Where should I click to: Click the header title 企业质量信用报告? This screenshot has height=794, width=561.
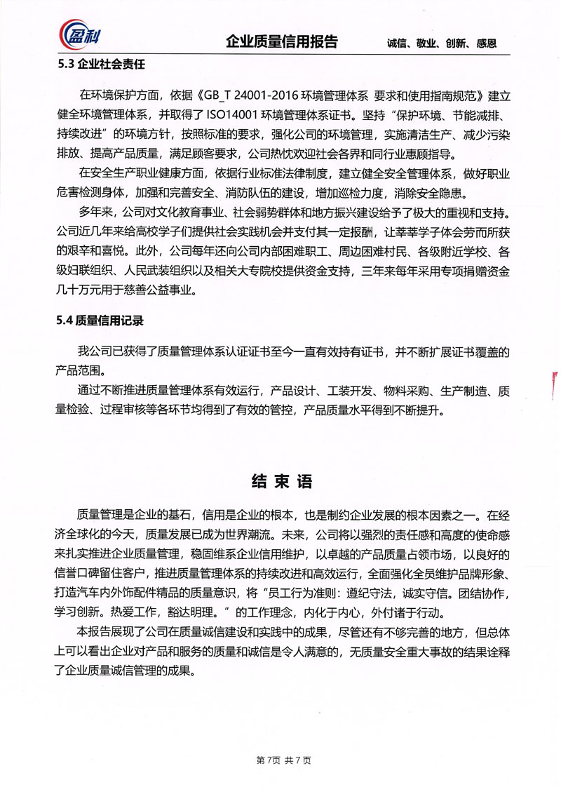[282, 41]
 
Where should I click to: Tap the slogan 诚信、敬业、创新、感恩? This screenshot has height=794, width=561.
[442, 43]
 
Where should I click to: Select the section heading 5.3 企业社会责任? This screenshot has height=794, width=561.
[101, 67]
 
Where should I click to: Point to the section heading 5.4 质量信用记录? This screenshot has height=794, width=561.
[100, 321]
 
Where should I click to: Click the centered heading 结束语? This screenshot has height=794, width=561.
[280, 482]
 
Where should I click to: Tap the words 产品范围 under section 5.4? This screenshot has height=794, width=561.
[79, 369]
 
